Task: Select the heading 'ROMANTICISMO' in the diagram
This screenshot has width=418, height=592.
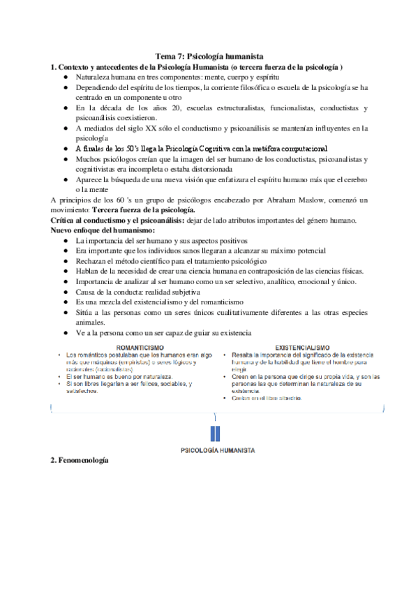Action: click(140, 347)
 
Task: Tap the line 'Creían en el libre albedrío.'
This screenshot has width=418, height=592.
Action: click(266, 399)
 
